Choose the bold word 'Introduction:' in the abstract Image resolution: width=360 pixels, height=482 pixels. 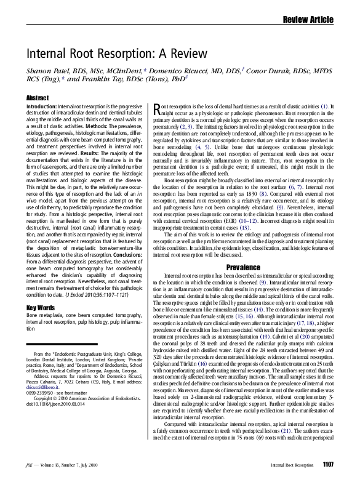point(42,106)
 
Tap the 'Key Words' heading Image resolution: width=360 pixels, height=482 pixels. point(41,307)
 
